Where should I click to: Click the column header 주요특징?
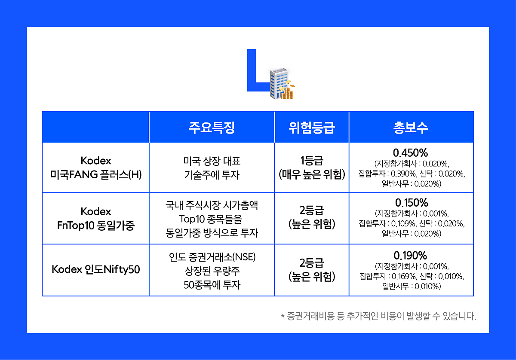click(x=212, y=128)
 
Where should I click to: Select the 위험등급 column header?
click(x=312, y=128)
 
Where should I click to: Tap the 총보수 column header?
click(x=411, y=128)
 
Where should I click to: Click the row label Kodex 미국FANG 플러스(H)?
click(x=96, y=168)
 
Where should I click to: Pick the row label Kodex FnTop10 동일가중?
click(x=96, y=218)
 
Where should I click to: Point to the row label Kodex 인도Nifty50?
click(x=96, y=269)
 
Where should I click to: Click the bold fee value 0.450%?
click(x=411, y=153)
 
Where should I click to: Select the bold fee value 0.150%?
click(x=412, y=203)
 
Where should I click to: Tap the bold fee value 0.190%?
click(x=411, y=256)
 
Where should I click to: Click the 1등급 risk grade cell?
click(x=312, y=168)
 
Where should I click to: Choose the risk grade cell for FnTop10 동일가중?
click(x=312, y=217)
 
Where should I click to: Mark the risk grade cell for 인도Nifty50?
click(x=312, y=270)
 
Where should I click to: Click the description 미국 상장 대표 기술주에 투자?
click(x=212, y=168)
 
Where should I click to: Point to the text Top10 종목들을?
click(x=211, y=219)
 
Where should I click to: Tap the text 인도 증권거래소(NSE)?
click(x=212, y=257)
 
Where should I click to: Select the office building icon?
click(x=279, y=83)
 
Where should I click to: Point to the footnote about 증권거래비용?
click(x=378, y=316)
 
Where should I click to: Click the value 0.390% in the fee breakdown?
click(x=403, y=174)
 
